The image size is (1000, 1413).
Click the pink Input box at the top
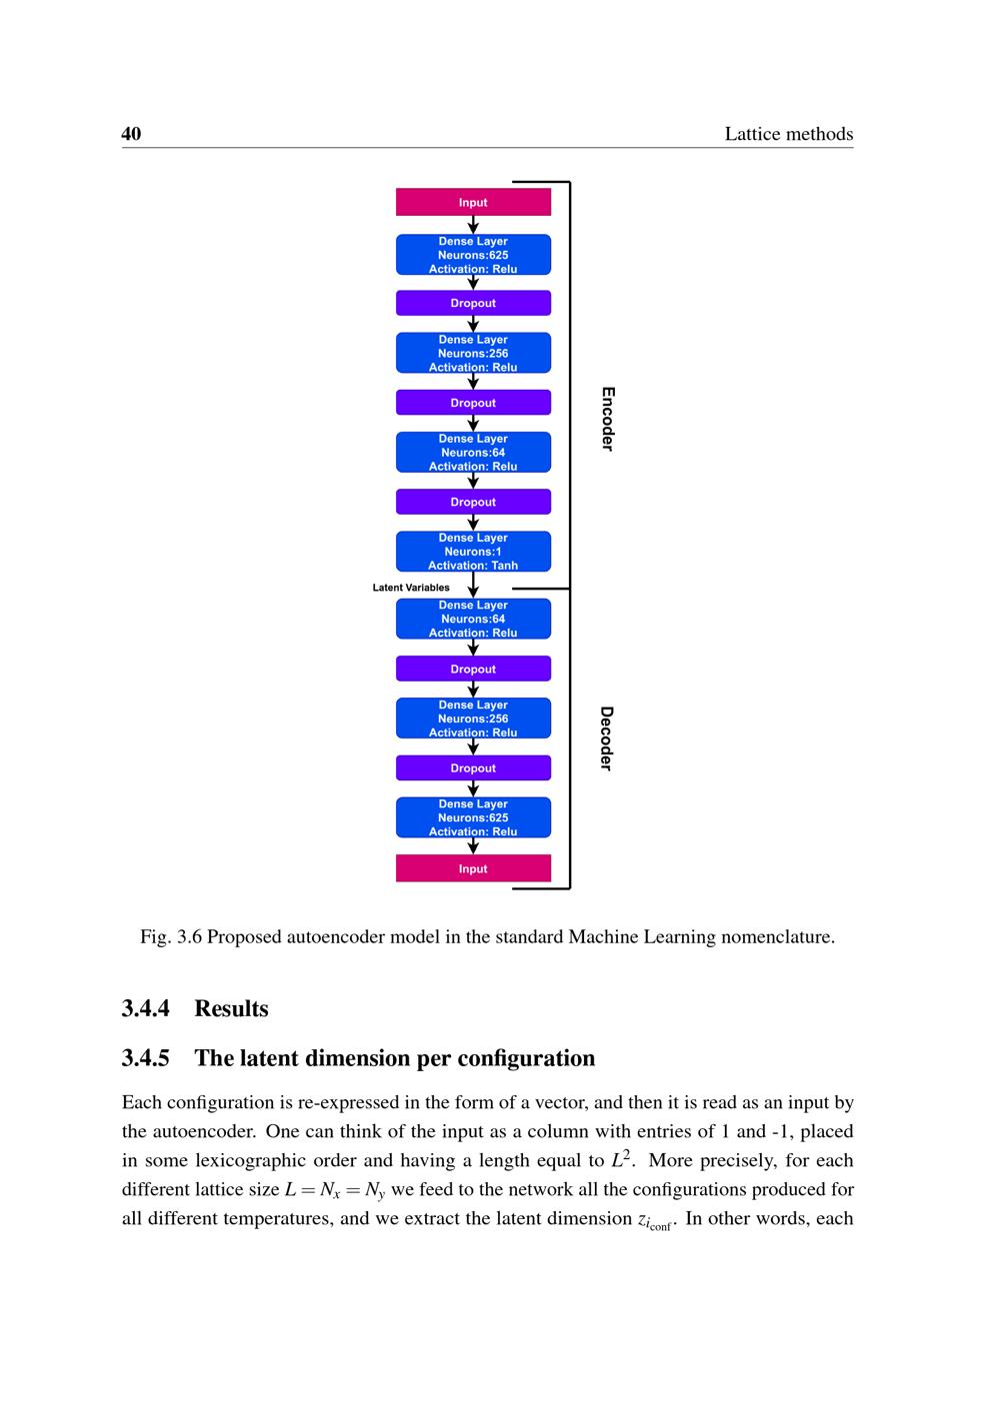tap(473, 202)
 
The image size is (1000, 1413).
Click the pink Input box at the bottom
tap(473, 868)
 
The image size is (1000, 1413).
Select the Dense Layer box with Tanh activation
tap(473, 552)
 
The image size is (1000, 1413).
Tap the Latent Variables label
tap(411, 588)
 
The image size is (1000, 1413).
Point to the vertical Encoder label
tap(607, 419)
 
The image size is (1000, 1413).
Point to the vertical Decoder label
tap(606, 738)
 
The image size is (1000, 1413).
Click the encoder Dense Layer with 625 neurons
tap(473, 255)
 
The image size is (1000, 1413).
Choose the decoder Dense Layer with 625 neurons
tap(473, 817)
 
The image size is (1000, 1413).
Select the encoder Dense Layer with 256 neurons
tap(473, 353)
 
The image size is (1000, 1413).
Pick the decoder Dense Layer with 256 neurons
tap(473, 718)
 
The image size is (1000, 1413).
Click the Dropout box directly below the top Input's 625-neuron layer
tap(473, 303)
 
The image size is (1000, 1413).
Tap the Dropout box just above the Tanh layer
tap(473, 502)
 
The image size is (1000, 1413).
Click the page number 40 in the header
tap(131, 134)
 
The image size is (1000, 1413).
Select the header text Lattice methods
tap(788, 134)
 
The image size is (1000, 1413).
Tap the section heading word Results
tap(231, 1008)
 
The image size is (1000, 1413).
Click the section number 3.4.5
tap(146, 1058)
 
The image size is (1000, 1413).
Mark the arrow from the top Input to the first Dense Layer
tap(473, 225)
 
